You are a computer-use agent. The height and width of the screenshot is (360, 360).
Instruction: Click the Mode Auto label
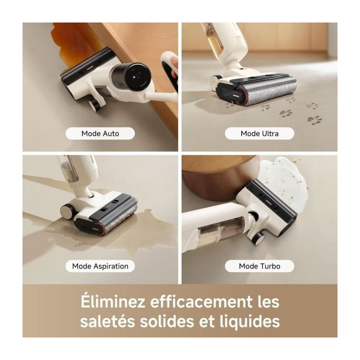(x=100, y=134)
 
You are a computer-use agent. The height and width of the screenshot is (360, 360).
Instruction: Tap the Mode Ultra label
(x=260, y=134)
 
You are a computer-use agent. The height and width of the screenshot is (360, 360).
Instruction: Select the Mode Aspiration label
(x=100, y=266)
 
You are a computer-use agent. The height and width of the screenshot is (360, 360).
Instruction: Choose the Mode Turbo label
(x=260, y=266)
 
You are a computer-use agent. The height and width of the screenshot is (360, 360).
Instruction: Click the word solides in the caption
(x=167, y=321)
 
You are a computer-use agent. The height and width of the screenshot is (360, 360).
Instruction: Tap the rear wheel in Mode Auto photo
(x=94, y=105)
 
